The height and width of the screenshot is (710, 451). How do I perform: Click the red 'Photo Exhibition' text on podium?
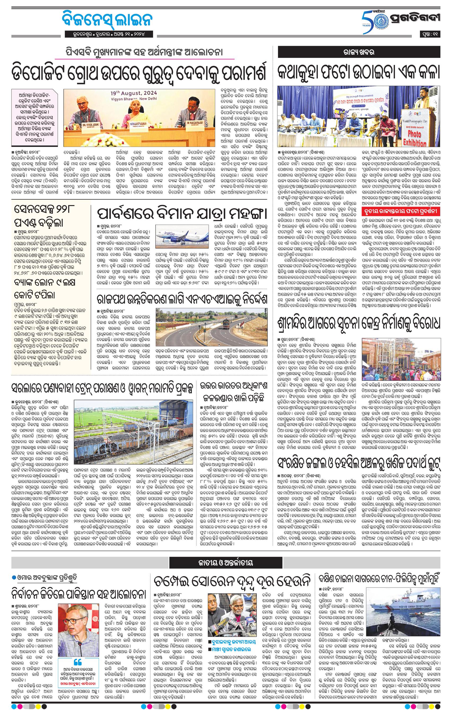(417, 138)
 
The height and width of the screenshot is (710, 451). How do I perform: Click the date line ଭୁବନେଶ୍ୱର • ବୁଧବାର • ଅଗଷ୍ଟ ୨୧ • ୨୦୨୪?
(109, 34)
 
